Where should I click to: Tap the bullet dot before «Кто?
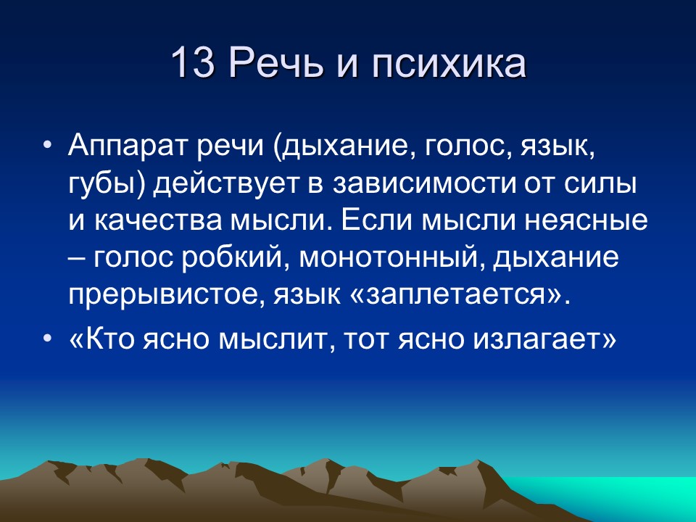tap(47, 339)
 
